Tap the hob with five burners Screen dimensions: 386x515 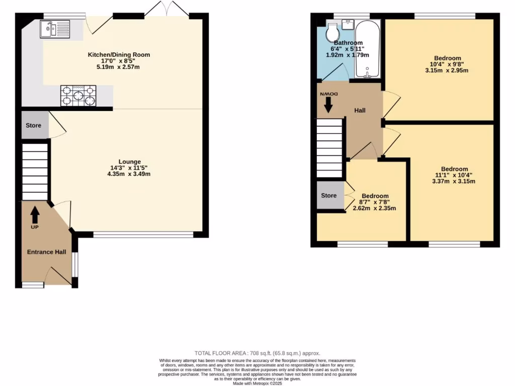78,96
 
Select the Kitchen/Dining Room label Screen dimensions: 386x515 119,55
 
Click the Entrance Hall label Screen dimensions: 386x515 47,252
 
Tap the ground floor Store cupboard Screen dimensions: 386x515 34,126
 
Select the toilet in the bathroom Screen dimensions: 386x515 332,32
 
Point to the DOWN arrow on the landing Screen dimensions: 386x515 328,105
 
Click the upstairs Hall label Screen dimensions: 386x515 360,111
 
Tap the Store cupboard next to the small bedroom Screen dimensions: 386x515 329,196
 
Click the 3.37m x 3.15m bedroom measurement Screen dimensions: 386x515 454,181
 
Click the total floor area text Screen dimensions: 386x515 257,353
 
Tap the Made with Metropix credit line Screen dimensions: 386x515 257,383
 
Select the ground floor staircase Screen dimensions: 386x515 35,171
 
